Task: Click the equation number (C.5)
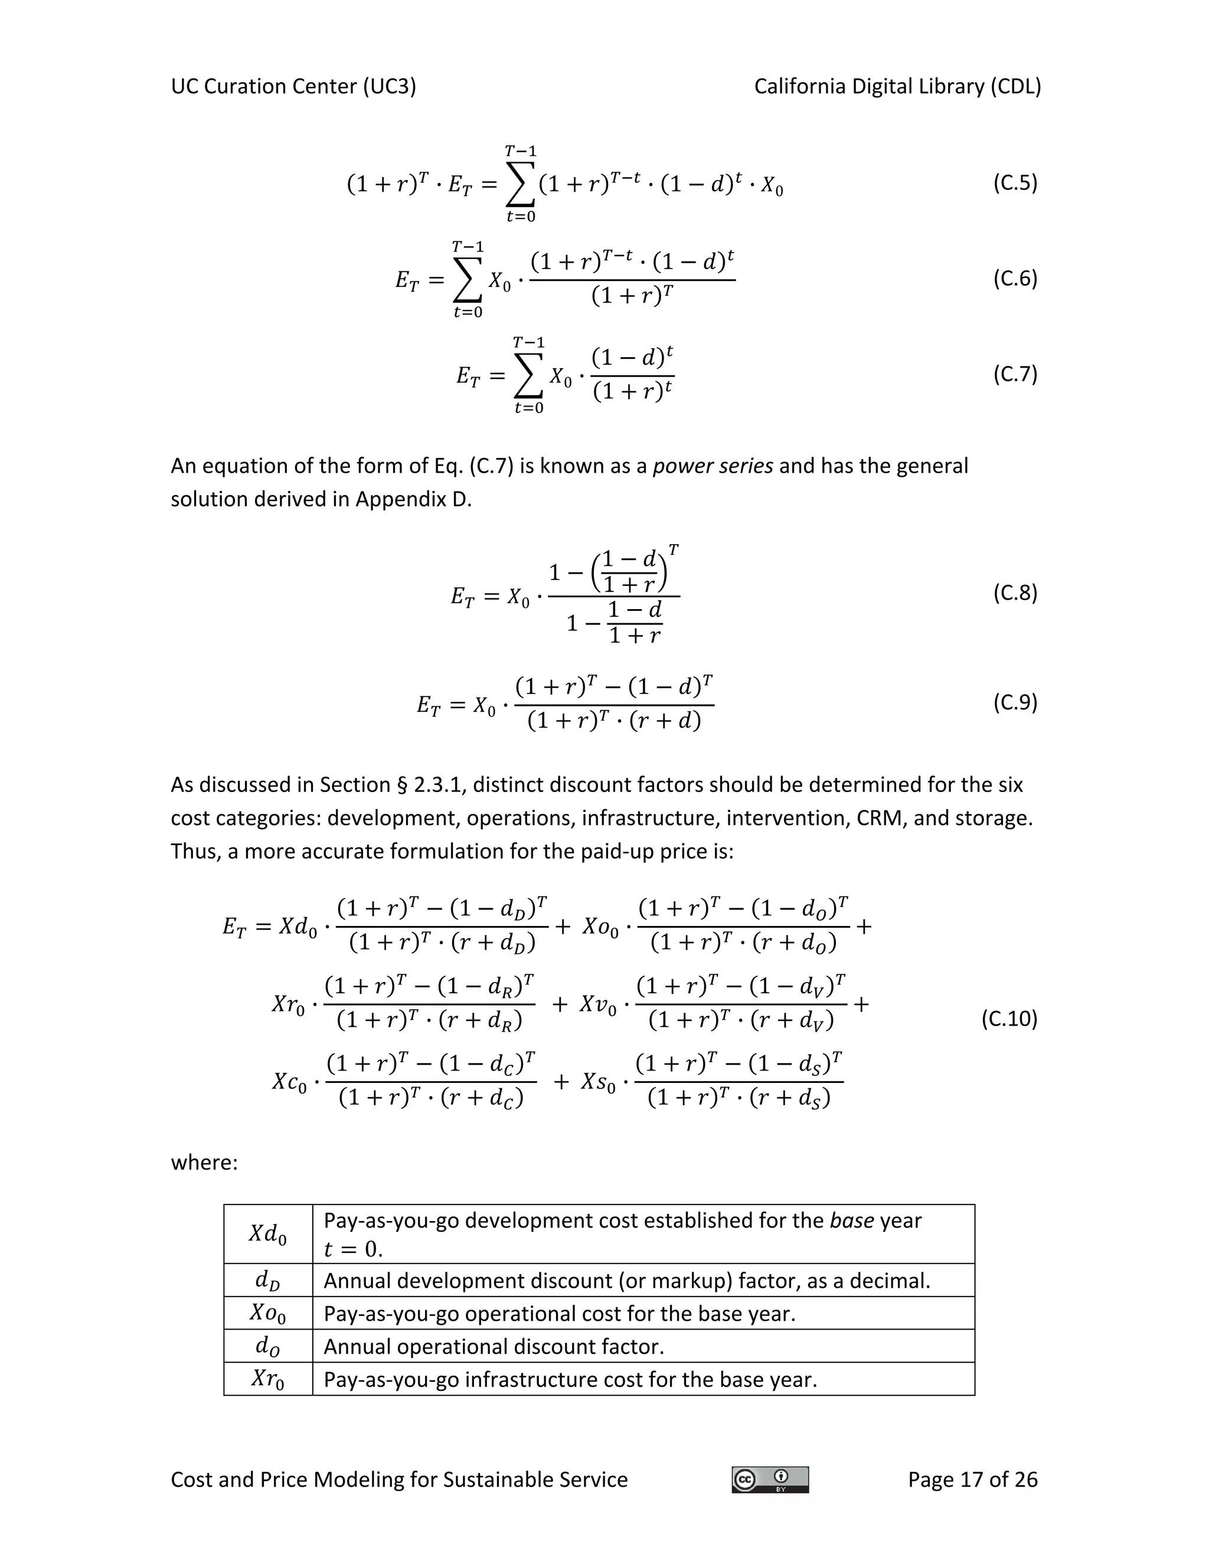1014,184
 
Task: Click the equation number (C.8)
1014,593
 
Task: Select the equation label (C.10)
1008,1018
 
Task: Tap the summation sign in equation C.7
528,376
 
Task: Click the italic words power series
712,466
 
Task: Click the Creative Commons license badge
770,1480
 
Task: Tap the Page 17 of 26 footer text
972,1480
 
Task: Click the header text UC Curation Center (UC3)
293,87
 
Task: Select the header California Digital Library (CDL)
897,87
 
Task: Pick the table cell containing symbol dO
268,1346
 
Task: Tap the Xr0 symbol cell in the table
268,1379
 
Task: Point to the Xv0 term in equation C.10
598,1005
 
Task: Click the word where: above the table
204,1161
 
